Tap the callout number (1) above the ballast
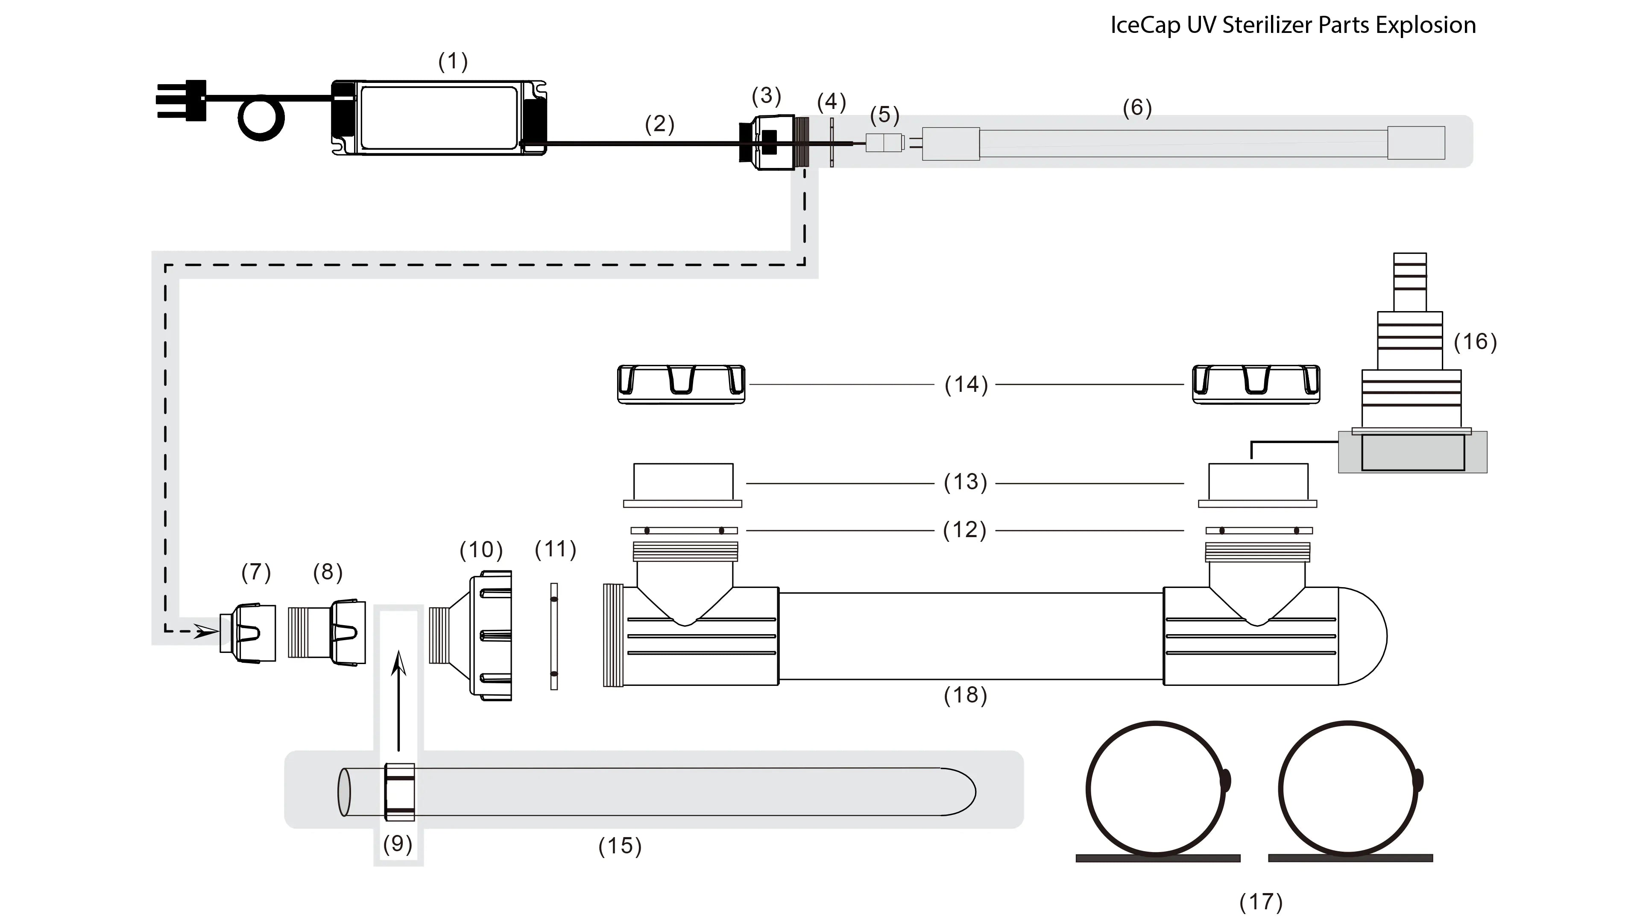pos(453,62)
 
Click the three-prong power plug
pos(182,100)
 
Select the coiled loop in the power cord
pos(261,118)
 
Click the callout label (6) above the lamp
pos(1137,108)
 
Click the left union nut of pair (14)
pos(681,384)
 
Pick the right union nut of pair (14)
pos(1256,384)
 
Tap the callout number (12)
pos(964,530)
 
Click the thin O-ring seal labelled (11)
pos(554,636)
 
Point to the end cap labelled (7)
pos(248,634)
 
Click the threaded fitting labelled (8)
pos(328,632)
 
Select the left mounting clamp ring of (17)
pos(1156,790)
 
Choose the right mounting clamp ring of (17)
pos(1348,790)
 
